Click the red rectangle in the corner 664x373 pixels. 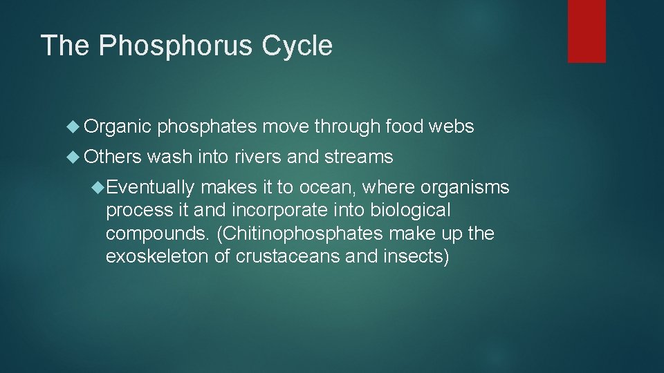(587, 31)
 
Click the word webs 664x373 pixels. (451, 126)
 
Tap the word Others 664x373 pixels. (113, 157)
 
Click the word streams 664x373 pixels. (358, 157)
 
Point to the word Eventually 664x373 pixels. (151, 187)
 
